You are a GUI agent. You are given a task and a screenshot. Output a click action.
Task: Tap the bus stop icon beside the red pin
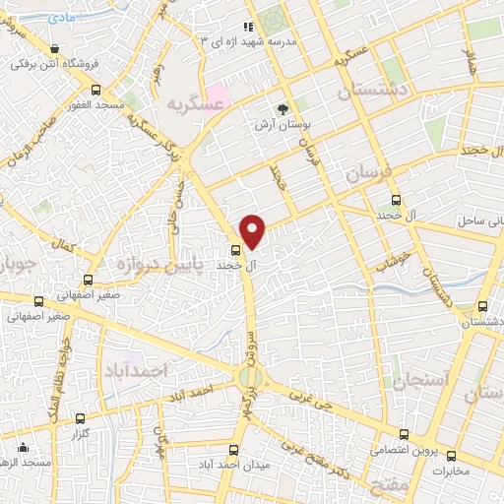click(x=235, y=250)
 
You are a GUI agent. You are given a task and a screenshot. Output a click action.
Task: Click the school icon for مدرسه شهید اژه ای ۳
click(x=248, y=28)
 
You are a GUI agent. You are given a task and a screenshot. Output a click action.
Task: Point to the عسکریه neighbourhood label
click(x=190, y=102)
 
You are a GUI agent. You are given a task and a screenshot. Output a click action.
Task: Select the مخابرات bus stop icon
click(x=451, y=455)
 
